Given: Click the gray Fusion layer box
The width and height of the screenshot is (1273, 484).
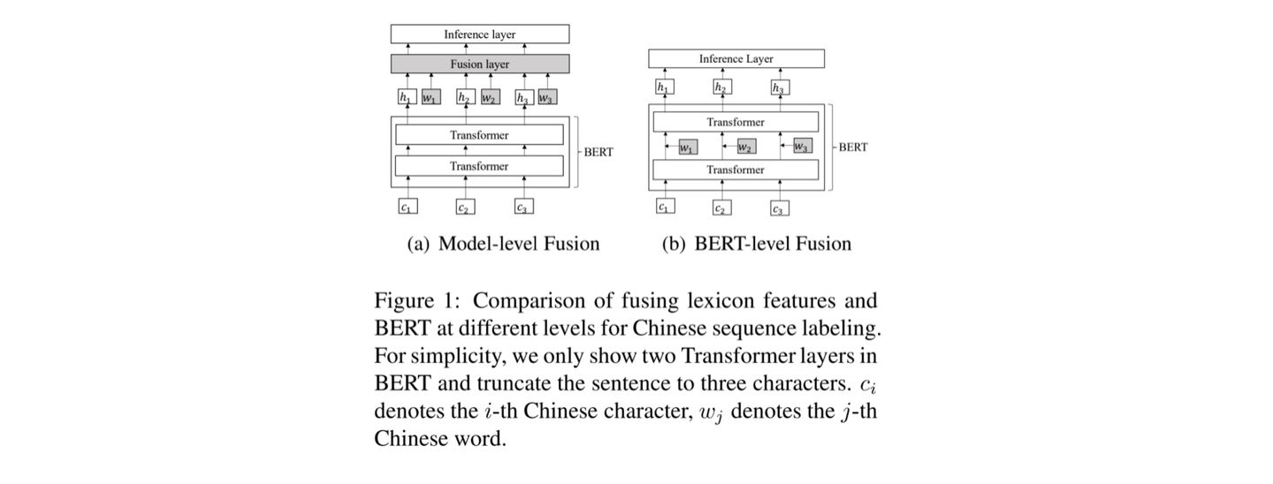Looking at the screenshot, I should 479,64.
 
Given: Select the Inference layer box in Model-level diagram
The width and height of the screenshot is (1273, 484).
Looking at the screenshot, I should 479,34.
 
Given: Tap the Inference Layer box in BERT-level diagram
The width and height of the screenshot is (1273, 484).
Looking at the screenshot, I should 736,59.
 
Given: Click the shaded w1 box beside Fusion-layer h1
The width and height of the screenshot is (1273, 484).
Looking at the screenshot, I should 429,97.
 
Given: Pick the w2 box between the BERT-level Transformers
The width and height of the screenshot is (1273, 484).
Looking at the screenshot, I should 745,147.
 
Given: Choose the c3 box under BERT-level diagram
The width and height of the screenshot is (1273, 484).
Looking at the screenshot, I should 778,209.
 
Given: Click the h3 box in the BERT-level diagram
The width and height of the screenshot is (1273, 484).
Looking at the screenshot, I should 779,87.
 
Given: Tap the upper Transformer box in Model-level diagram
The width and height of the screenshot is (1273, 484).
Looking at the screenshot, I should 479,135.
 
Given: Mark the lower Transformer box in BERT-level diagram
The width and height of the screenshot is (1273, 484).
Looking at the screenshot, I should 736,170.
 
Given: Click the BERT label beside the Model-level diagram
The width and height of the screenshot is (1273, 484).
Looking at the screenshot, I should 598,152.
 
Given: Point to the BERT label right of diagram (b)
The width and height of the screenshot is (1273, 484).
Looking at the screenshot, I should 852,147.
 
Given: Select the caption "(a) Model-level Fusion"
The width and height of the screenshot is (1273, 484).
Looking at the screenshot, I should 503,244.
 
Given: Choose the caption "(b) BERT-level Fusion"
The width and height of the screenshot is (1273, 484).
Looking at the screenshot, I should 757,244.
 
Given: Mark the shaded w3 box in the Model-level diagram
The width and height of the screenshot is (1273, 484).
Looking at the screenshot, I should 546,97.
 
